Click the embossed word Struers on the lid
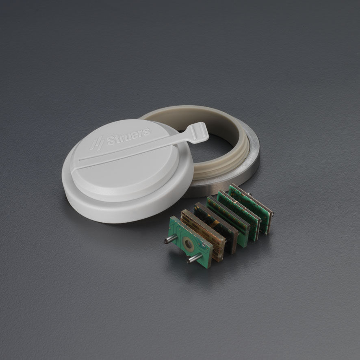pos(128,137)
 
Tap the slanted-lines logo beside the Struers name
pos(97,143)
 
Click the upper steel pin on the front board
pos(170,239)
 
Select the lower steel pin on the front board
pos(194,258)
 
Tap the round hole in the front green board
pos(188,244)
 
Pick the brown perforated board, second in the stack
pos(203,234)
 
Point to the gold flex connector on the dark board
pos(215,224)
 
